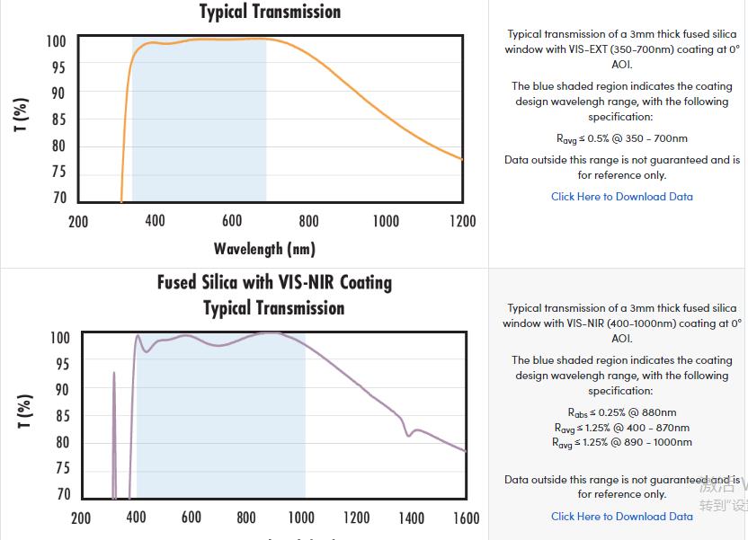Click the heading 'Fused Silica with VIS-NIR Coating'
point(274,282)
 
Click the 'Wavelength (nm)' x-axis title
point(264,248)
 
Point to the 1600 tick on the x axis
point(466,518)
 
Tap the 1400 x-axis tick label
point(411,518)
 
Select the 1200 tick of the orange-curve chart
point(462,221)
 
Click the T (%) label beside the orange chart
point(22,114)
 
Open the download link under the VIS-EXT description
point(621,197)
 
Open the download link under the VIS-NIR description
point(621,516)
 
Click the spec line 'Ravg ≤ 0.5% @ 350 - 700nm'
point(621,138)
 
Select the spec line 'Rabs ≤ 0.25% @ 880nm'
point(621,412)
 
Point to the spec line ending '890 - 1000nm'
point(621,442)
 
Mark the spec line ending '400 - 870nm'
point(621,428)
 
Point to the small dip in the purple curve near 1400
point(409,434)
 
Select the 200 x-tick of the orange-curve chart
point(78,221)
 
